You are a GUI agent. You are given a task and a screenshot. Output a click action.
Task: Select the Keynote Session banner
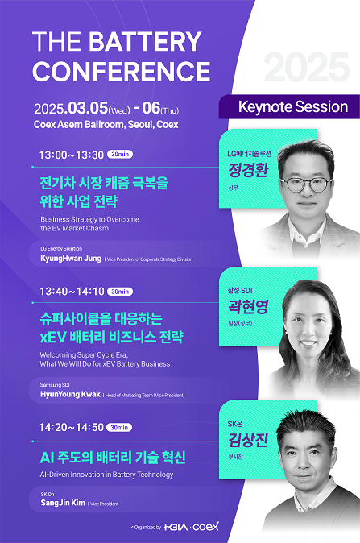(x=293, y=107)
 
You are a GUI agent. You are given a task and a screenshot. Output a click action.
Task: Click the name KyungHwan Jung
(x=71, y=259)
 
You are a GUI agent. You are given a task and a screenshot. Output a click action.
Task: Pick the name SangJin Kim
(x=63, y=502)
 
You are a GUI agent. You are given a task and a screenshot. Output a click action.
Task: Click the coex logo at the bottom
(x=205, y=526)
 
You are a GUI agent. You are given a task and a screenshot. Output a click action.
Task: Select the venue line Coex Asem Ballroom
(x=106, y=125)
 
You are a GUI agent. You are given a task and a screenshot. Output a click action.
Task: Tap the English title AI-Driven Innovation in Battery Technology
(x=106, y=475)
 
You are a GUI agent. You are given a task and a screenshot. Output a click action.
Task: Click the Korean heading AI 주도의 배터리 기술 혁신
(x=113, y=458)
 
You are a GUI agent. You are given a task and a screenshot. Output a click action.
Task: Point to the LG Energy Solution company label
(x=61, y=249)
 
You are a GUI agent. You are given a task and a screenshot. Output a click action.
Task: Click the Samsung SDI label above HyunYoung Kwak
(x=55, y=385)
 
